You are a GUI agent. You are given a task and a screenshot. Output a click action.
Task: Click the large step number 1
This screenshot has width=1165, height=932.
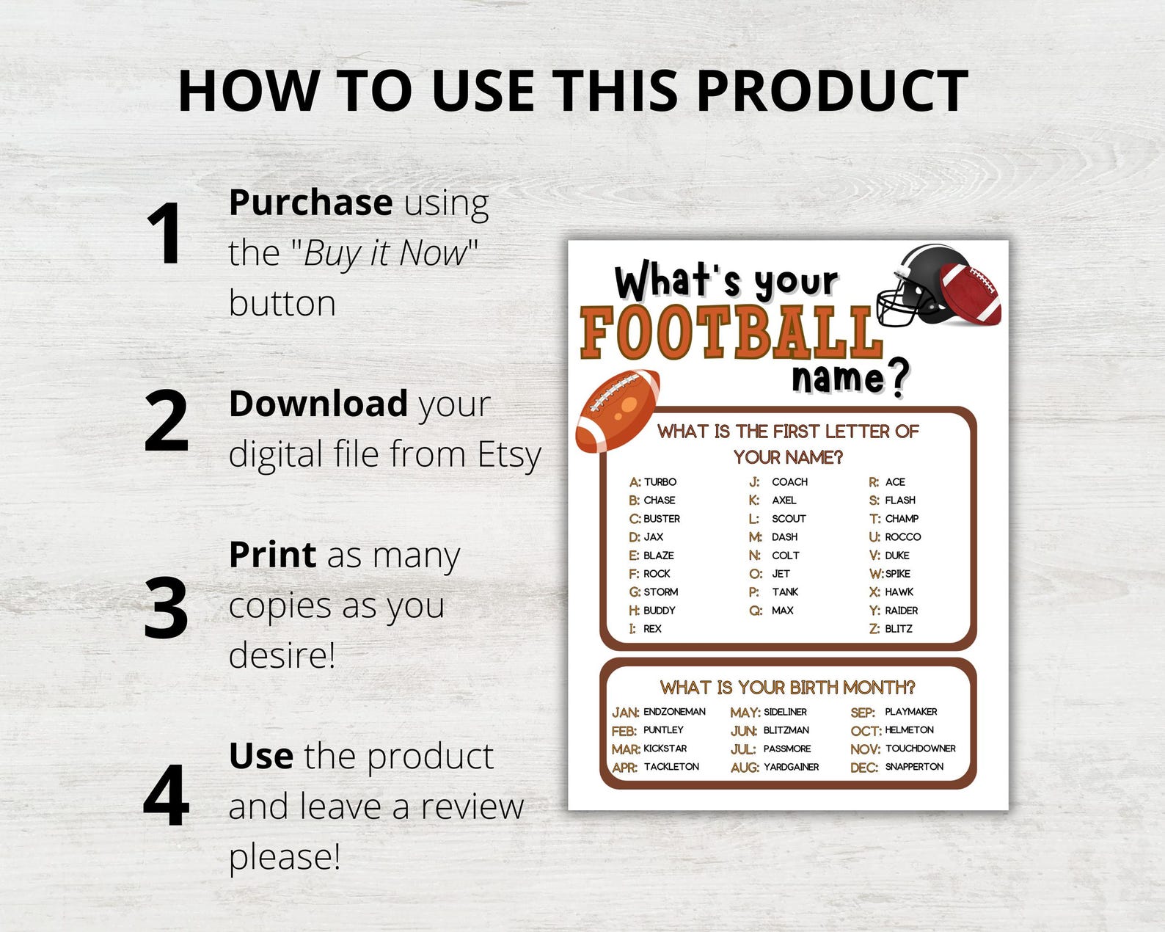coord(164,233)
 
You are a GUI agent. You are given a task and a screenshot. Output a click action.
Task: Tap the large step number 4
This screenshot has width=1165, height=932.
coord(167,796)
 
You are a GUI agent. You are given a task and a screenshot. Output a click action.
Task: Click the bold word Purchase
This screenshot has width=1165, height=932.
coord(310,203)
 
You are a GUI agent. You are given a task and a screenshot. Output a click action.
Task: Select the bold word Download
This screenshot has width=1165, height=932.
coord(318,404)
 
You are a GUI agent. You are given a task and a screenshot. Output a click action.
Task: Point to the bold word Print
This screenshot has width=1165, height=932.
coord(272,555)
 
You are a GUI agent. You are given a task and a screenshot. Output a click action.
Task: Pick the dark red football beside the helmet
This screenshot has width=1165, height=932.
coord(971,294)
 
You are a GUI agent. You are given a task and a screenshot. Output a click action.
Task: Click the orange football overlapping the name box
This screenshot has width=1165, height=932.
coord(618,409)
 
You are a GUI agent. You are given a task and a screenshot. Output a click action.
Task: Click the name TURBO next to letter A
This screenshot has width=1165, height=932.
coord(660,482)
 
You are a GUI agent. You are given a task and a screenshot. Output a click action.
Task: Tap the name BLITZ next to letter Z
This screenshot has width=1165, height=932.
coord(899,629)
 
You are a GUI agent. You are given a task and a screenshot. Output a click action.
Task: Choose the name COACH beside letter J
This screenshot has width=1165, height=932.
coord(789,482)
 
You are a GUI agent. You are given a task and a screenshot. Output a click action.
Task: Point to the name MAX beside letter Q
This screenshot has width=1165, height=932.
coord(782,611)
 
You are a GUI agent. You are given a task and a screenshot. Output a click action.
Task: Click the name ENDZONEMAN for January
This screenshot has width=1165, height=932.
coord(674,712)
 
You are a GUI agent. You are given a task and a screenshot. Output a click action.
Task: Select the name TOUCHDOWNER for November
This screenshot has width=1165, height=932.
coord(920,749)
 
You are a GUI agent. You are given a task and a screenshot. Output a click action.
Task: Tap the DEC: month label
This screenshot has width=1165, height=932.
coord(863,768)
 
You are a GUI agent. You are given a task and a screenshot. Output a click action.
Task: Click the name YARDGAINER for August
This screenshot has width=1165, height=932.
coord(791,767)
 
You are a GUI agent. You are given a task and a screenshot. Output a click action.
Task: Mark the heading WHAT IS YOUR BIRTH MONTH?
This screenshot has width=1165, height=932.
coord(787,688)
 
